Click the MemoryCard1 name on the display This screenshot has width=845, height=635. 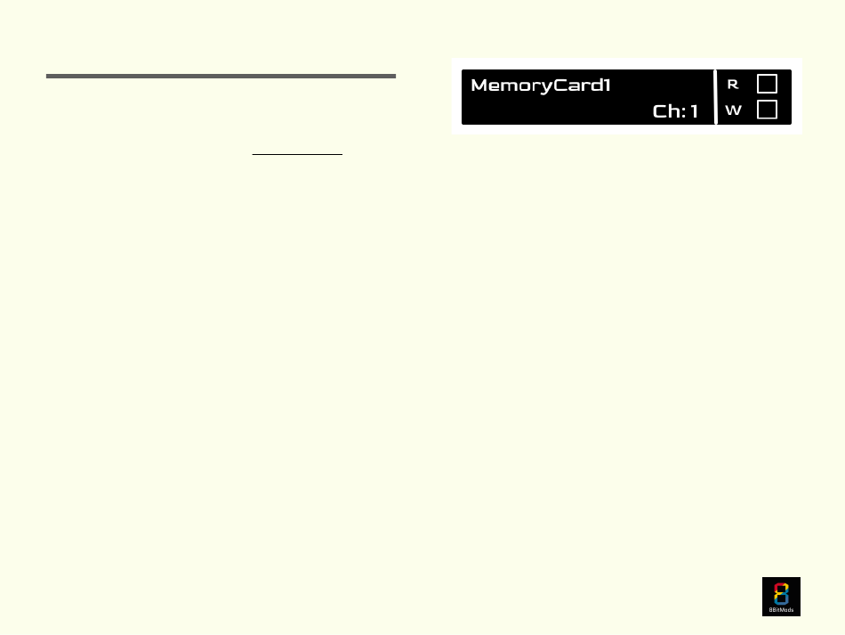541,85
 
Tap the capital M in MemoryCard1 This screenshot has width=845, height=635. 480,85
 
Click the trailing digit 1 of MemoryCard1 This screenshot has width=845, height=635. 607,85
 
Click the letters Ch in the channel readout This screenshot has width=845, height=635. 667,111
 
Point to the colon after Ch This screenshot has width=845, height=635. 684,112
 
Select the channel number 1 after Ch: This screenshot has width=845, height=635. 694,111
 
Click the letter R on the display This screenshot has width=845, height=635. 733,85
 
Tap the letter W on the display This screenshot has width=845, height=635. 734,110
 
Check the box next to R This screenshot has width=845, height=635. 767,84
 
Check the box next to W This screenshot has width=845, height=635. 767,110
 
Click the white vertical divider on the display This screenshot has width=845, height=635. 716,97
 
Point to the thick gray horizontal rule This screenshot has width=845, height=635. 221,77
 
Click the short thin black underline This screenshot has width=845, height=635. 297,154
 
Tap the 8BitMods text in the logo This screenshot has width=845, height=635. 781,610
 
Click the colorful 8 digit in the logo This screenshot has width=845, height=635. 781,594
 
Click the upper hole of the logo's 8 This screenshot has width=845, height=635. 781,590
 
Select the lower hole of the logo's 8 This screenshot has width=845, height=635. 781,598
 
